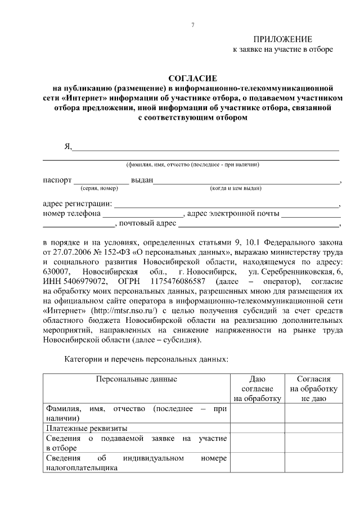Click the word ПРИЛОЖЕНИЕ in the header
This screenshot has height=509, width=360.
(x=282, y=39)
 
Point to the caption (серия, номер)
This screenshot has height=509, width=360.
(x=99, y=188)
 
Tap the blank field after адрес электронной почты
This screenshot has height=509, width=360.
(x=310, y=214)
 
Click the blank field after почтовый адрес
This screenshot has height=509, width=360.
(x=259, y=224)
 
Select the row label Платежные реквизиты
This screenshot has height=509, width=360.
(x=83, y=427)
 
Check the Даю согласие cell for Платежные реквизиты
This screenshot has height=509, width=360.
(x=257, y=427)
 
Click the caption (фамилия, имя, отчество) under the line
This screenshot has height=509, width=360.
(x=192, y=165)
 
